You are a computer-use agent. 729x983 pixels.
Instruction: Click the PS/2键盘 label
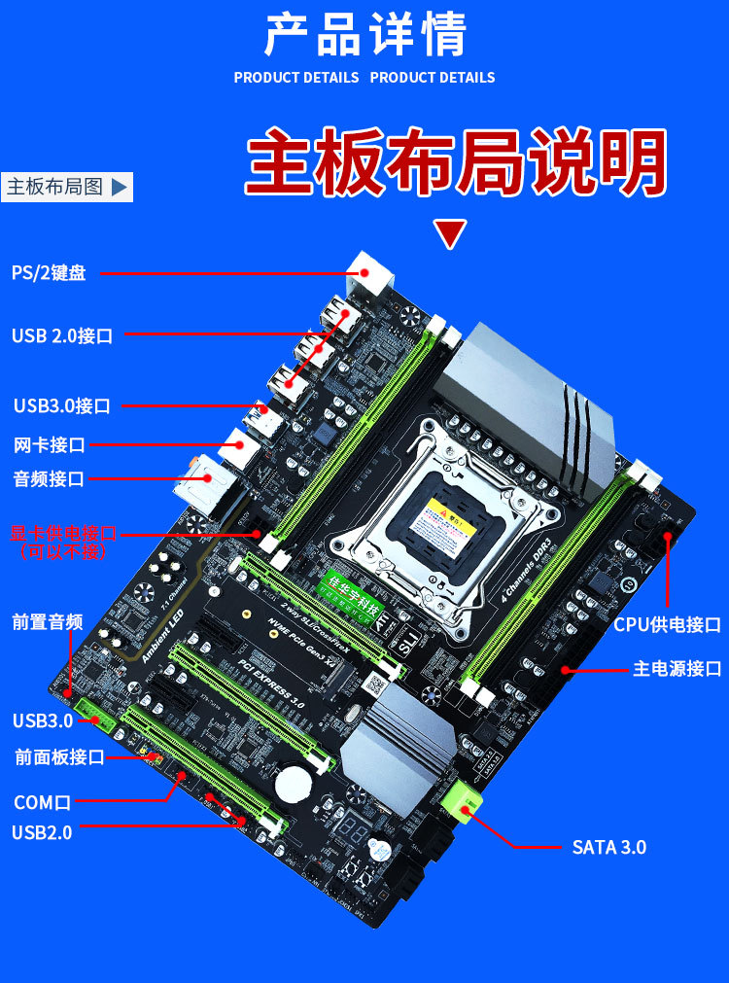[49, 273]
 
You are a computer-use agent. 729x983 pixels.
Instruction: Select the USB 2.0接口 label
[62, 336]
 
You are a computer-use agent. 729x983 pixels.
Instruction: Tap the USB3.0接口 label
[61, 405]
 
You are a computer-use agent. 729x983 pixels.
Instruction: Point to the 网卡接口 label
[49, 445]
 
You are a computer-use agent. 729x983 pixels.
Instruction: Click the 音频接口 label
[49, 478]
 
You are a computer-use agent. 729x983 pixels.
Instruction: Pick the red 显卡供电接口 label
[63, 533]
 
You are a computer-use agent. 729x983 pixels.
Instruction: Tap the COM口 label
[42, 803]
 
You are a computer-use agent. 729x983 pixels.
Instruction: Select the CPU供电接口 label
[667, 624]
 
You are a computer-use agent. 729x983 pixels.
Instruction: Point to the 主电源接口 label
[677, 669]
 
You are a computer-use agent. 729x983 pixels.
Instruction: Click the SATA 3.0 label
[608, 847]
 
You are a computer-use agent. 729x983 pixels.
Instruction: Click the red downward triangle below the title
[450, 234]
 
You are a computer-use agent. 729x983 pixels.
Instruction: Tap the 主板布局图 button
[67, 187]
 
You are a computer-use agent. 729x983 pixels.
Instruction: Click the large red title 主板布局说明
[456, 162]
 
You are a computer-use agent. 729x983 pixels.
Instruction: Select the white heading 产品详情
[365, 35]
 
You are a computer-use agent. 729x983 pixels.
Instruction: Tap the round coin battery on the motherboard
[291, 784]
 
